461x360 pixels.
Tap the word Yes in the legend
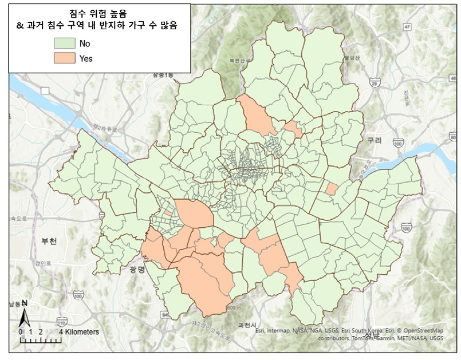(x=86, y=58)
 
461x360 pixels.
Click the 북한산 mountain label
(x=239, y=60)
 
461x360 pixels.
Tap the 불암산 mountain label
(x=350, y=58)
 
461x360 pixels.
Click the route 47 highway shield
(x=407, y=27)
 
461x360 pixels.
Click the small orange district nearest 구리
(x=332, y=188)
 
